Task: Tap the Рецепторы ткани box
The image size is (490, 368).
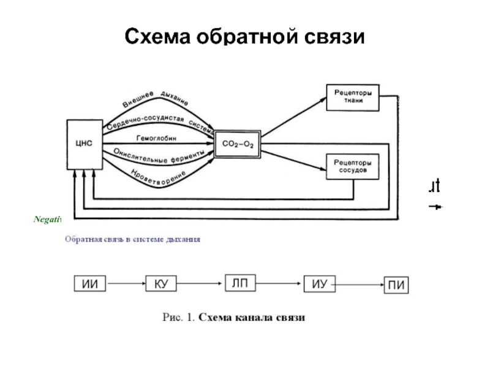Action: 352,97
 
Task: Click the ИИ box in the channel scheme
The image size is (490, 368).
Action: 89,283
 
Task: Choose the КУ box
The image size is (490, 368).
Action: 162,283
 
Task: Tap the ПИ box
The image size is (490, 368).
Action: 397,285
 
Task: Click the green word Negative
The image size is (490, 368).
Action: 47,219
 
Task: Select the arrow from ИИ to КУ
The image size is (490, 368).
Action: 126,283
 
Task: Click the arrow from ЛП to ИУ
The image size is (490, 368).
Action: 279,283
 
